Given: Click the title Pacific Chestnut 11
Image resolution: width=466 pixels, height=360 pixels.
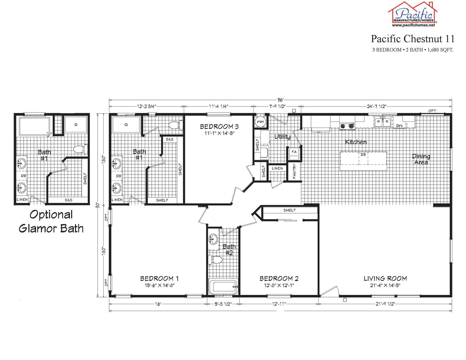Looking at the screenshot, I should pos(412,39).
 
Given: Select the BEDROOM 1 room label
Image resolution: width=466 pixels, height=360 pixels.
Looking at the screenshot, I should pos(159,278).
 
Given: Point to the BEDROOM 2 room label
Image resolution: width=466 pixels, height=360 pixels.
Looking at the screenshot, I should pos(279,278).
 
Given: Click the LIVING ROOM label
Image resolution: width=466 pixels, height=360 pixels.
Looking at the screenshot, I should pos(385,278).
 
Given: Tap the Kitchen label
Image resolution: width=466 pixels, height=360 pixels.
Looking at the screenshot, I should pos(356,142).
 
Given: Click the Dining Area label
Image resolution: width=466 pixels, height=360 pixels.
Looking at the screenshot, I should pos(421,159).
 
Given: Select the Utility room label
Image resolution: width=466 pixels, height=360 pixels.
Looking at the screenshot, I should pos(282,137).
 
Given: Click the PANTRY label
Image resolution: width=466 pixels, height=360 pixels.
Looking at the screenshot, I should pos(294,171).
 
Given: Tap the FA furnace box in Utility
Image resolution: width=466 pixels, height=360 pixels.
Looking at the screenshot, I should pos(294,152).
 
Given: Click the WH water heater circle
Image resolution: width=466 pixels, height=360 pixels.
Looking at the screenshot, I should pos(260,122).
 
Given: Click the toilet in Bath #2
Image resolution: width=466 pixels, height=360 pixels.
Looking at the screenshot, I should pos(214,259).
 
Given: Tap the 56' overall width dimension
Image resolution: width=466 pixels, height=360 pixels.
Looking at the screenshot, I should pos(280,100).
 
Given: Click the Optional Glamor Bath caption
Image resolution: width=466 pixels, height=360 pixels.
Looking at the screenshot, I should pos(51,221).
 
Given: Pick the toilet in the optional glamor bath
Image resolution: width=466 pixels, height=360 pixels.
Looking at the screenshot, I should pos(81,149).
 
